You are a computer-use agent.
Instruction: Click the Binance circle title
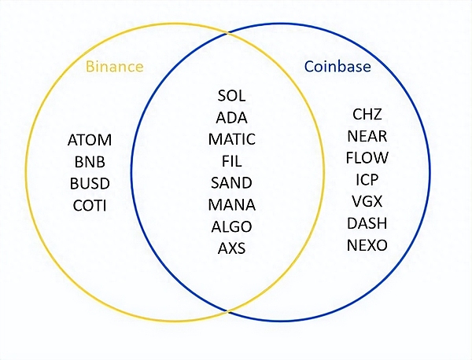click(116, 66)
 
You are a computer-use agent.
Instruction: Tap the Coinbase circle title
click(337, 66)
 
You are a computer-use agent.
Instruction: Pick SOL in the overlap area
click(232, 97)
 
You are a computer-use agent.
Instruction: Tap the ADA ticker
click(232, 119)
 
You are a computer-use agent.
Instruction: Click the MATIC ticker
click(232, 140)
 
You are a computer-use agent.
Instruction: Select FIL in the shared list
click(232, 162)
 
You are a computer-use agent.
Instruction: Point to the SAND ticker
click(232, 183)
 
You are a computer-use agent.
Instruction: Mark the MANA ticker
click(232, 205)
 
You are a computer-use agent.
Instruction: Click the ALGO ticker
click(232, 227)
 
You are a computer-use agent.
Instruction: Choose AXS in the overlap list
click(232, 249)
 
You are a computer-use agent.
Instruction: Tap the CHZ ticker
click(367, 115)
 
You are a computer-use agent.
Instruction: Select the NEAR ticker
click(367, 137)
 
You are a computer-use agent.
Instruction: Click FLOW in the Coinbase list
click(367, 158)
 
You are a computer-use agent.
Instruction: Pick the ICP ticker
click(367, 180)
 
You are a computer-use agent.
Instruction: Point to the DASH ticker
click(367, 224)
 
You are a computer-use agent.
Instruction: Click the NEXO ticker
click(367, 246)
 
